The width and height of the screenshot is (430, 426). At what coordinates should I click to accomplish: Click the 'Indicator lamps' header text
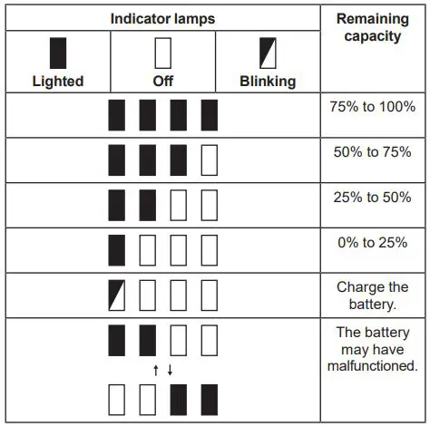coord(164,18)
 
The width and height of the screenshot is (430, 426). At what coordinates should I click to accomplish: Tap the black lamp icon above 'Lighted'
coord(57,53)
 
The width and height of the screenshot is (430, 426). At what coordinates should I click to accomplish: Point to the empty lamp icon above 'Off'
coord(163,53)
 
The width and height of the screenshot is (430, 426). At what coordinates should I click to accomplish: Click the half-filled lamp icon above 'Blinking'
coord(269,53)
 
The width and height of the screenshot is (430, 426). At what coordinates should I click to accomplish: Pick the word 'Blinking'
coord(269,81)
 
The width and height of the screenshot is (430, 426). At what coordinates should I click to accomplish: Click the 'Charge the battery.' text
coord(372,295)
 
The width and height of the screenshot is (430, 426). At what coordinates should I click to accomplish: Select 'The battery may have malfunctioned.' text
coord(372,349)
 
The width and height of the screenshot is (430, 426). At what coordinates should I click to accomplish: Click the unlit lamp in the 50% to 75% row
coord(210,159)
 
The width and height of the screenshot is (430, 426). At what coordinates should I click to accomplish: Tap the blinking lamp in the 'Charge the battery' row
coord(117,295)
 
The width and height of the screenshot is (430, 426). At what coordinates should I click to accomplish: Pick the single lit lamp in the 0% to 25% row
coord(117,249)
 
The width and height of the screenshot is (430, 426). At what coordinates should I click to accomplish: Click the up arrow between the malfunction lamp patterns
coord(156,369)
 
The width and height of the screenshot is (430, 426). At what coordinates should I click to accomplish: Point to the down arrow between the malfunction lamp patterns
coord(170,369)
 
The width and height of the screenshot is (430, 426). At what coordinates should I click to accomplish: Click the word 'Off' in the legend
coord(163,81)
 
